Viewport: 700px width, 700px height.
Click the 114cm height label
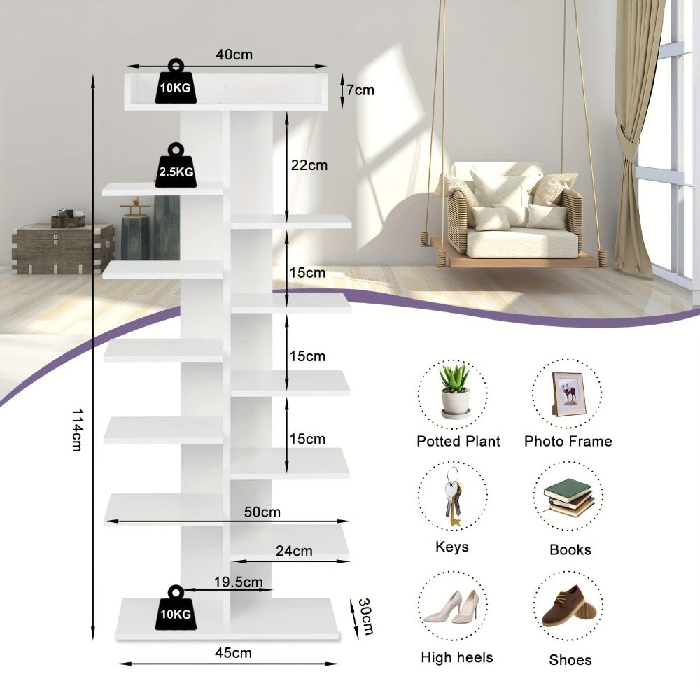pos(77,430)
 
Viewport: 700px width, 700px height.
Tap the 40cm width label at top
pos(234,55)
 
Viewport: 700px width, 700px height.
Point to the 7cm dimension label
pos(360,90)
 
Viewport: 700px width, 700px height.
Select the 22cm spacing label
pos(309,165)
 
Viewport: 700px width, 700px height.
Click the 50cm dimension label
pos(262,512)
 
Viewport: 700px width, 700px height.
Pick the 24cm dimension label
pos(294,551)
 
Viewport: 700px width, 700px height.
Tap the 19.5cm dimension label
pos(238,582)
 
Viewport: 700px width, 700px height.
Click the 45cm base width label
pos(233,652)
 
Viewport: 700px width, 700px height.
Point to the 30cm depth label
pos(365,616)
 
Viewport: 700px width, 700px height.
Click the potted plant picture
pos(455,391)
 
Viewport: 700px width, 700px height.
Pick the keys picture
pos(451,497)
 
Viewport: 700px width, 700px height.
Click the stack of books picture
pos(568,498)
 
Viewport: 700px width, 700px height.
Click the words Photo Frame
pos(568,441)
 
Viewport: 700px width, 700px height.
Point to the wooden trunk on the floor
pos(62,248)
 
